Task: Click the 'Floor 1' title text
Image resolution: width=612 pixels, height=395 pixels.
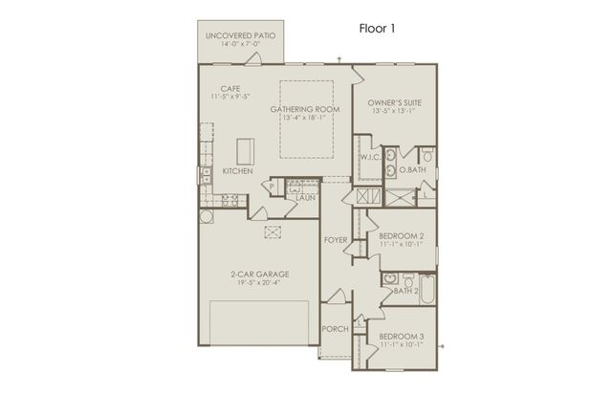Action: (378, 29)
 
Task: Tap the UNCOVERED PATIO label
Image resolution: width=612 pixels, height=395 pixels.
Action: (241, 35)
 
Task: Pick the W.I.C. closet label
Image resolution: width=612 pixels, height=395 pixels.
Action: (371, 156)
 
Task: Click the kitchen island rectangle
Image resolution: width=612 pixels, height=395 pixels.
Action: (245, 151)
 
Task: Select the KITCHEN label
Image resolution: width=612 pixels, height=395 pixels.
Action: (238, 171)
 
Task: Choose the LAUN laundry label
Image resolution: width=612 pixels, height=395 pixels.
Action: (307, 197)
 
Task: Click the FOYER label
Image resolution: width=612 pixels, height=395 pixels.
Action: (335, 239)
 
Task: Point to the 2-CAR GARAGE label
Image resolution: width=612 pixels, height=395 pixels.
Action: (259, 274)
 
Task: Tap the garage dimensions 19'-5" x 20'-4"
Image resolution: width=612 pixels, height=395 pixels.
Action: (259, 283)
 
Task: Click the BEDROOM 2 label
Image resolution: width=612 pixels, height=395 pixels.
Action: (402, 235)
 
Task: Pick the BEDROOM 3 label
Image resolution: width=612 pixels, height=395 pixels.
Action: (402, 337)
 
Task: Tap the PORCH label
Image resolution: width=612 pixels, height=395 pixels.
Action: (335, 329)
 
